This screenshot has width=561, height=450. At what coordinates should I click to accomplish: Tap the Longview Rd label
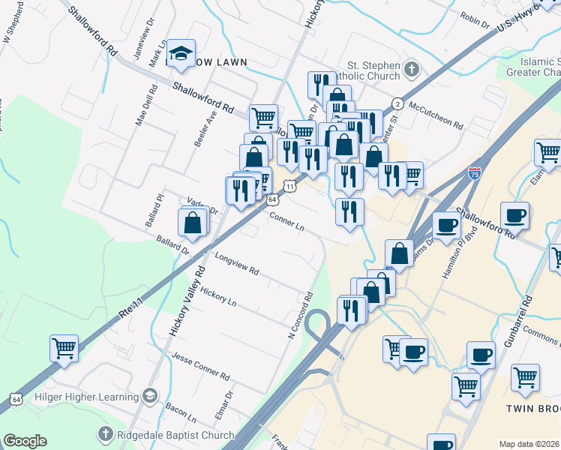click(236, 263)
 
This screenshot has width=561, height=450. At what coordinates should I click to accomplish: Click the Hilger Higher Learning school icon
click(150, 395)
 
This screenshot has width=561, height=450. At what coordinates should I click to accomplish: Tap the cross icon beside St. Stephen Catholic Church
click(410, 70)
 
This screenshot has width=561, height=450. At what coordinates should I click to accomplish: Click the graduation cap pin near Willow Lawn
click(181, 54)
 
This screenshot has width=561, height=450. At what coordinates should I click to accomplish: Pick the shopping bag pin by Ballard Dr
click(193, 223)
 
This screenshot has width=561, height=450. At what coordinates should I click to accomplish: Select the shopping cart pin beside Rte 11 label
click(64, 348)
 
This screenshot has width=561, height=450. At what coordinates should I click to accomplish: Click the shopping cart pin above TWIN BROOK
click(525, 376)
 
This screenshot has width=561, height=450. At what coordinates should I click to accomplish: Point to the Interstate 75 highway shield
click(474, 173)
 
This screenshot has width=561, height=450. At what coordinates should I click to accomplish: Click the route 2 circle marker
click(397, 103)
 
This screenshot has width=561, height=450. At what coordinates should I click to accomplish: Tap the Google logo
click(25, 441)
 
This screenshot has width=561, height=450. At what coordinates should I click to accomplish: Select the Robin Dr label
click(475, 19)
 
